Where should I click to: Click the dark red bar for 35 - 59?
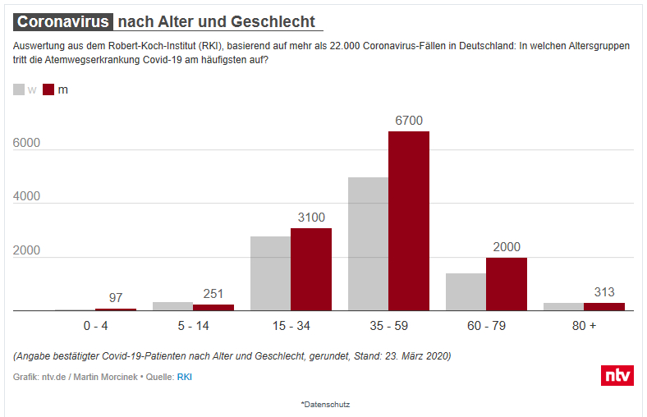pos(409,221)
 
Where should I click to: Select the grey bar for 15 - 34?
pos(270,273)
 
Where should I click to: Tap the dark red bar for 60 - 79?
pos(507,284)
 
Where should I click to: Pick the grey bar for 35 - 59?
pos(368,244)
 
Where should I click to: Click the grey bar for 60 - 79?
pos(466,292)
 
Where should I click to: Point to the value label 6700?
pos(409,121)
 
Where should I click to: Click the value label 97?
pos(116,297)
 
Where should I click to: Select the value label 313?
pos(604,292)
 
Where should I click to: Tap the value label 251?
pos(213,294)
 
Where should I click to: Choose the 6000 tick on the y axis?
pos(26,143)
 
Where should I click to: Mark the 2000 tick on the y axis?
pos(26,250)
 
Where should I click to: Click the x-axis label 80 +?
pos(584,326)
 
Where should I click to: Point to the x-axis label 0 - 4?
pos(95,326)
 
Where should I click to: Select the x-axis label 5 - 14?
pos(193,326)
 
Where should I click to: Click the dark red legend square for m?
pos(48,89)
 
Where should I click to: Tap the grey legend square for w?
pos(20,89)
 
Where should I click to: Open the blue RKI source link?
pos(185,377)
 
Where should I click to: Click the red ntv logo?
pos(617,374)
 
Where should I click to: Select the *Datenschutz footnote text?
pos(325,404)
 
